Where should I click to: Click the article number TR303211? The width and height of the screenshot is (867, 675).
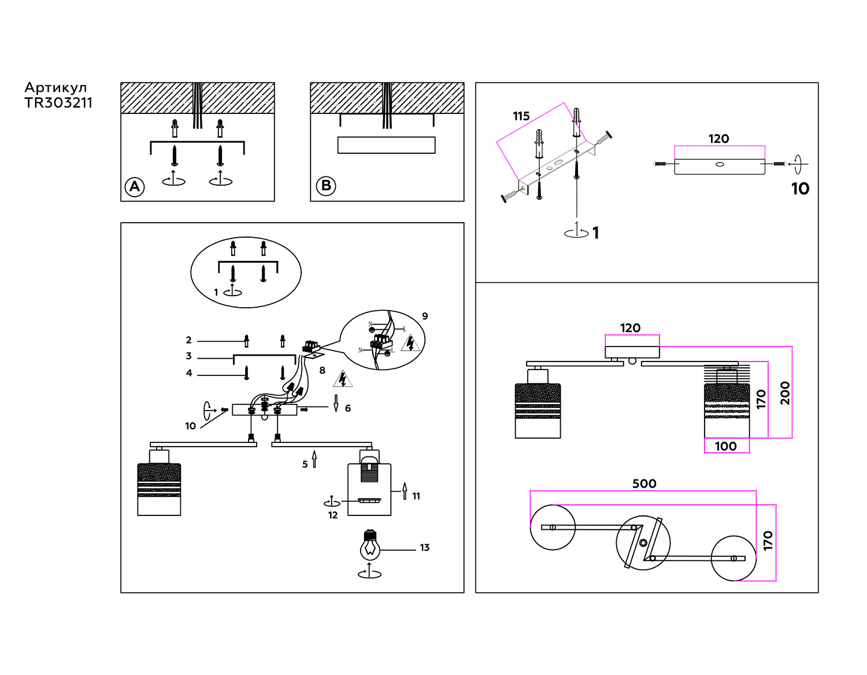[58, 103]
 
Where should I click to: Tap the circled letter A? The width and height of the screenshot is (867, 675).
[135, 187]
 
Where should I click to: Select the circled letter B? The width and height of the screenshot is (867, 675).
[326, 186]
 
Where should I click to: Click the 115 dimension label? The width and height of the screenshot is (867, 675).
[521, 116]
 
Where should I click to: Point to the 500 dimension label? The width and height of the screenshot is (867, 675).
[644, 484]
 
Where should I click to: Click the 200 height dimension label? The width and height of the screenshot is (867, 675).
[785, 393]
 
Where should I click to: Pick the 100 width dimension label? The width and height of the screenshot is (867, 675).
[725, 446]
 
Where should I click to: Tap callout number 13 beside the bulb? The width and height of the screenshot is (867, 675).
[425, 548]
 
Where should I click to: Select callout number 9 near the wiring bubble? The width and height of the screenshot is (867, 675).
[425, 316]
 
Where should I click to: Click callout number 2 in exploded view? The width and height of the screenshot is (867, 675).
[188, 340]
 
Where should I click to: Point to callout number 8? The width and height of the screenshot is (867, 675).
[323, 370]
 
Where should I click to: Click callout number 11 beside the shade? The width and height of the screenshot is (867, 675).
[416, 496]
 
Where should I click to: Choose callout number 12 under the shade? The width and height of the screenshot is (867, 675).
[333, 515]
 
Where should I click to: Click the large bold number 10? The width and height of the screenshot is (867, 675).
[800, 189]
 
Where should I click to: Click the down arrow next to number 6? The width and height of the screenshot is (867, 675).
[336, 403]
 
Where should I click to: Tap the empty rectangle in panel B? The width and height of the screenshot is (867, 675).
[386, 145]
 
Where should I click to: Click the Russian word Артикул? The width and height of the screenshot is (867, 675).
[55, 88]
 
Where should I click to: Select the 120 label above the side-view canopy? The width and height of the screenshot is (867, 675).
[630, 328]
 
